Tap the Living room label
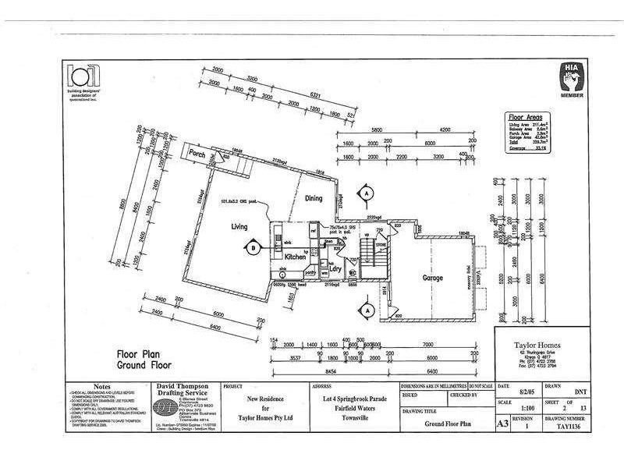pyautogui.click(x=239, y=226)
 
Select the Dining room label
pyautogui.click(x=314, y=198)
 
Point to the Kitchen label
pyautogui.click(x=295, y=256)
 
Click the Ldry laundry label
pyautogui.click(x=337, y=270)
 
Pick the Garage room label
pyautogui.click(x=433, y=278)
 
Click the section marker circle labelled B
pyautogui.click(x=253, y=249)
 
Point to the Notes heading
pyautogui.click(x=101, y=387)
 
